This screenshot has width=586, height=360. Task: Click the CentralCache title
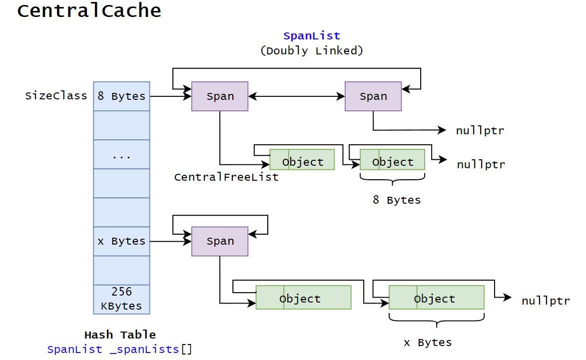(89, 11)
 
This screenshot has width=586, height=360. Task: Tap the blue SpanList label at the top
(311, 36)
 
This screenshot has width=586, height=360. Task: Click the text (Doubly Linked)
(311, 50)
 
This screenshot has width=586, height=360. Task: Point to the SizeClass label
(56, 96)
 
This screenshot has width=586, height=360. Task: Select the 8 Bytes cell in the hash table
(121, 96)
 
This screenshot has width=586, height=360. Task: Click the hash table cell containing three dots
(121, 155)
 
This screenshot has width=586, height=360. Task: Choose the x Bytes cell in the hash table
(121, 241)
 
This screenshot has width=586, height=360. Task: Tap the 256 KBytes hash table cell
(121, 299)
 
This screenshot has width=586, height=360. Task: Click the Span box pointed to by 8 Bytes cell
(220, 96)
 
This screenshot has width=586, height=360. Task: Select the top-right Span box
(373, 96)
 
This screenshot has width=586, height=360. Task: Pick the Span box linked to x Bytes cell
(220, 241)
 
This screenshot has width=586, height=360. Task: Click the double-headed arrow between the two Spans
(296, 96)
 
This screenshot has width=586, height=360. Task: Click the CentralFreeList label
(226, 177)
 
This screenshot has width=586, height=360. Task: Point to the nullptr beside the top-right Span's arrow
(480, 131)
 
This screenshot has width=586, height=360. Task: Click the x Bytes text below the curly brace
(428, 343)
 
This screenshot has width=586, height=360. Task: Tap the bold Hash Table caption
(120, 335)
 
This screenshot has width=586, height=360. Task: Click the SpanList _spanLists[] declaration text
(120, 350)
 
